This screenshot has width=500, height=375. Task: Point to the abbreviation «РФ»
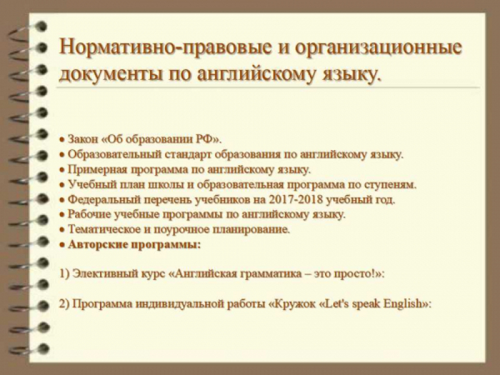click(x=204, y=139)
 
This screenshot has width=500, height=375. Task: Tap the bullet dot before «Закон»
click(x=62, y=140)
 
